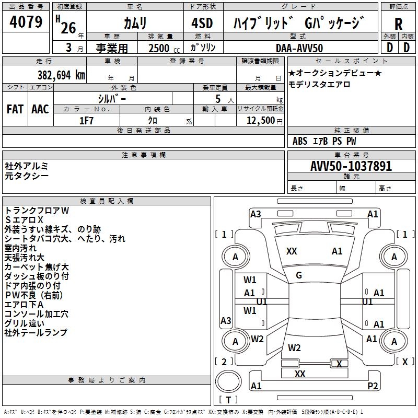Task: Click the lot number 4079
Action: point(26,22)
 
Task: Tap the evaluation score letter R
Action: point(398,24)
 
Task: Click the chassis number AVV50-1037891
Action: point(351,167)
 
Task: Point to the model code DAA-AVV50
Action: point(299,48)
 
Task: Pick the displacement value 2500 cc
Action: point(160,49)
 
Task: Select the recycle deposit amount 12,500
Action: point(260,120)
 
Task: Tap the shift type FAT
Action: point(15,109)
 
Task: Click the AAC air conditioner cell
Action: point(40,109)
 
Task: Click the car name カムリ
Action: point(135,24)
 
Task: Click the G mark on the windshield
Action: point(298,275)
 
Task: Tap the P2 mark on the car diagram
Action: point(373,386)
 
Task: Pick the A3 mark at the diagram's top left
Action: point(256,214)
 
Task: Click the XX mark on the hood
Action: point(292,251)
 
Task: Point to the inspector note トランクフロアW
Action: point(37,210)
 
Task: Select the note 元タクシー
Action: point(27,176)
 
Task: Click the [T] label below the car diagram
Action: point(228,400)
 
